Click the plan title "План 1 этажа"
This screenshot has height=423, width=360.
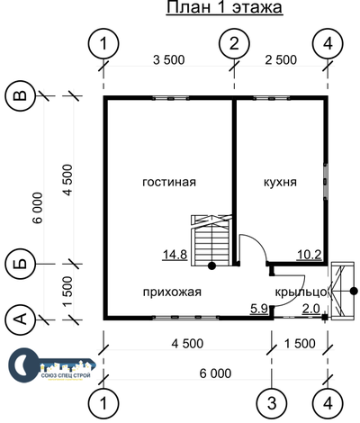coord(224,7)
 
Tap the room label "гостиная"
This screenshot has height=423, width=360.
coord(169,182)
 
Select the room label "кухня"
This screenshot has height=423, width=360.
coord(280,182)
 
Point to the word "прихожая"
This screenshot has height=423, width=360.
coord(172,292)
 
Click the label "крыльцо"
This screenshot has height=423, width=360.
coord(301,292)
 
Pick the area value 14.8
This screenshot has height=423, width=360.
coord(175,255)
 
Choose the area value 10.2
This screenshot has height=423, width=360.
coord(310,255)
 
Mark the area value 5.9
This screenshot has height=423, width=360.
coord(259,309)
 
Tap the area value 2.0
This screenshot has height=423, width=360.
coord(311,309)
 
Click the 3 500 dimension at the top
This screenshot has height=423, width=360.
coord(169,60)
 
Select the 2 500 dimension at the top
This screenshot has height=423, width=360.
coord(281,60)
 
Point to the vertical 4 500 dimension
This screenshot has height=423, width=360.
coord(67,180)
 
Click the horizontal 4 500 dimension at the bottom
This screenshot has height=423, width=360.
coord(187,344)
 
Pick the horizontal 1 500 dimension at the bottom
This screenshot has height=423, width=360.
coord(300,344)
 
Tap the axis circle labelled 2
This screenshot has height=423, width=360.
coord(234,44)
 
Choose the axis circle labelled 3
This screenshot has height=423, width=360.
coord(272,403)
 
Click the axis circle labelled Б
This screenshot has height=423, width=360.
coord(21,264)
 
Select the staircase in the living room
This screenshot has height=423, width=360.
coord(211,240)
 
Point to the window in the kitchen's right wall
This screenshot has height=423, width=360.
coord(325,181)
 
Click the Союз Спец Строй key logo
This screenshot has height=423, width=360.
coord(51,364)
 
